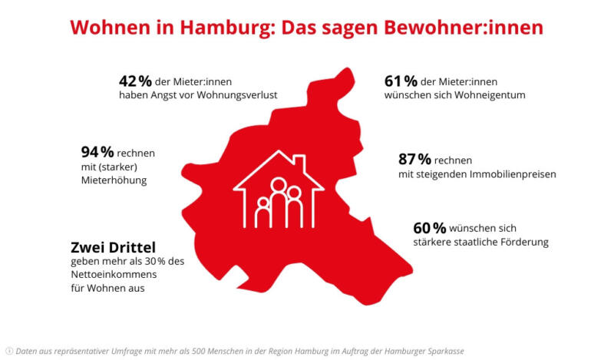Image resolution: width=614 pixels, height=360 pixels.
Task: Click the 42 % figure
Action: [134, 80]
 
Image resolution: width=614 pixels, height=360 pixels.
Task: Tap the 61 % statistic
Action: [399, 80]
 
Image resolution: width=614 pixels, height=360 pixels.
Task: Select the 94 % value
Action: [97, 151]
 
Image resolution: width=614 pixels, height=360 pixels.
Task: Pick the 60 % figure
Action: [429, 228]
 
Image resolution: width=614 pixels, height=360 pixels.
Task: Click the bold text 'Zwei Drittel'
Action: [112, 247]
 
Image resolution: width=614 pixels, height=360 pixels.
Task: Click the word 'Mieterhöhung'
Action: [113, 180]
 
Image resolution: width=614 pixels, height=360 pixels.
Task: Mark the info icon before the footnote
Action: [9, 351]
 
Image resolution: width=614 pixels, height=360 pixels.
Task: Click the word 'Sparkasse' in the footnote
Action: [444, 351]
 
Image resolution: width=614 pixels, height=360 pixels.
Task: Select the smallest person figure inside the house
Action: [262, 211]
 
